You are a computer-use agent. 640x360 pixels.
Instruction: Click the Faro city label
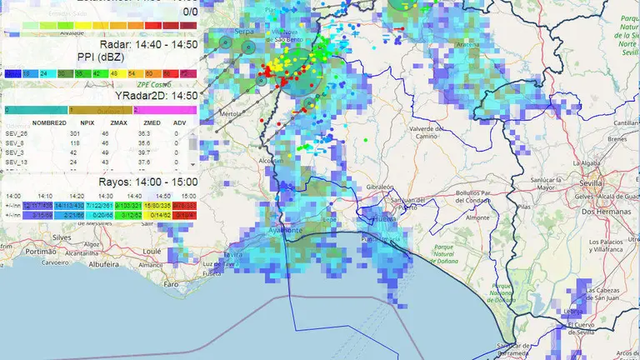(172, 283)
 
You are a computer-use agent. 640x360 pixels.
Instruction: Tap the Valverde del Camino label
(429, 133)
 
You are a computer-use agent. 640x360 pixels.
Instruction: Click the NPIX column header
(75, 122)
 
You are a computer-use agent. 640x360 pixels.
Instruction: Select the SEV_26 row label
(17, 133)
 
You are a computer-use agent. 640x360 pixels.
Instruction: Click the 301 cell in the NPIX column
(74, 133)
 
